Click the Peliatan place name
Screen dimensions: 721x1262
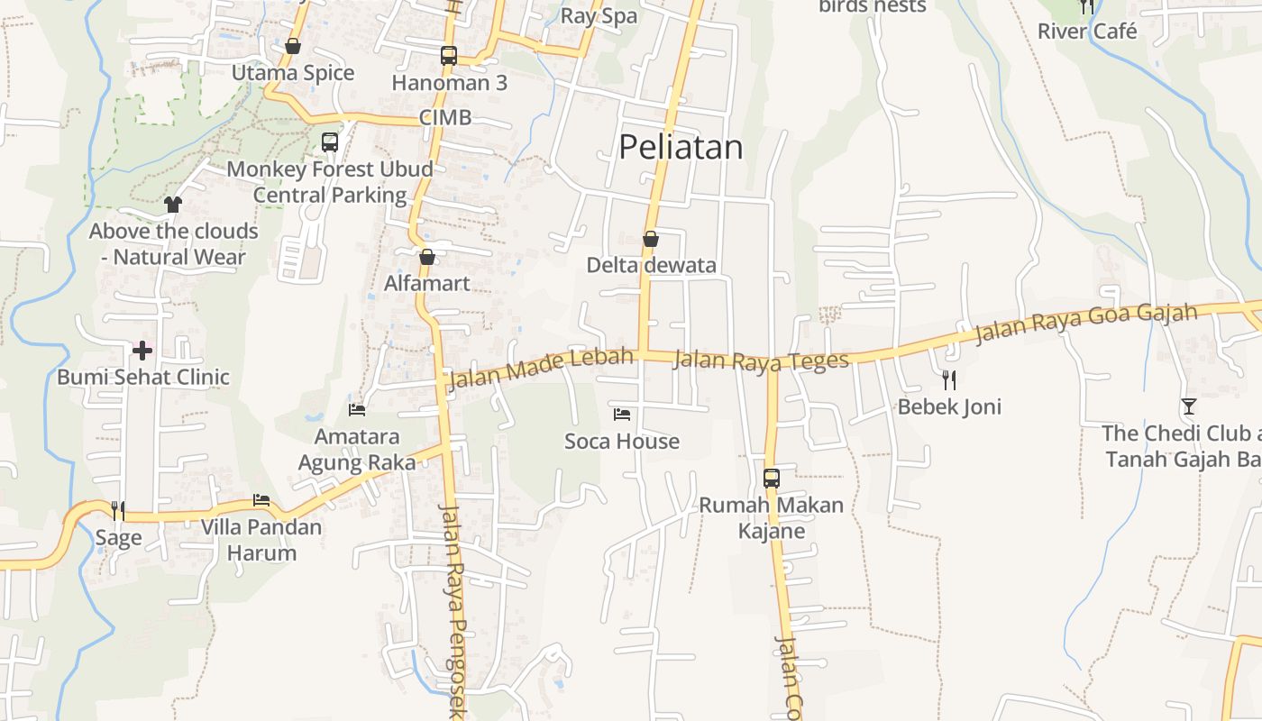681,147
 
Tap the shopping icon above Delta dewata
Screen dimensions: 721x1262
650,239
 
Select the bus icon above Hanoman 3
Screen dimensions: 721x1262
449,56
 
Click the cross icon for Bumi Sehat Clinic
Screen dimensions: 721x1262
142,351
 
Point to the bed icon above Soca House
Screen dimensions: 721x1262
621,415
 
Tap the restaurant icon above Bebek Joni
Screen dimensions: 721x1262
948,379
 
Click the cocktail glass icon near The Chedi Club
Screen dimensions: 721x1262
1189,406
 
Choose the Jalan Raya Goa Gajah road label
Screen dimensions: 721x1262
1085,324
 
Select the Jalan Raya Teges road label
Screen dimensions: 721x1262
761,360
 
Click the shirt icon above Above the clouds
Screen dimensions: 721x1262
173,205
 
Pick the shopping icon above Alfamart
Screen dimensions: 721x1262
427,257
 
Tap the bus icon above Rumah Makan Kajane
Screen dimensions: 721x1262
772,478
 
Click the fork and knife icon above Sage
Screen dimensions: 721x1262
118,511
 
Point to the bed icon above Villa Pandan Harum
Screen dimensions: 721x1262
261,500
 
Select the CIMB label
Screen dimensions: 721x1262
445,118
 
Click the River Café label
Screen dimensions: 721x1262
1087,32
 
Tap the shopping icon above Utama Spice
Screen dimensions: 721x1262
293,46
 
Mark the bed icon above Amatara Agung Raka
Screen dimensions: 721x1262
357,410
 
